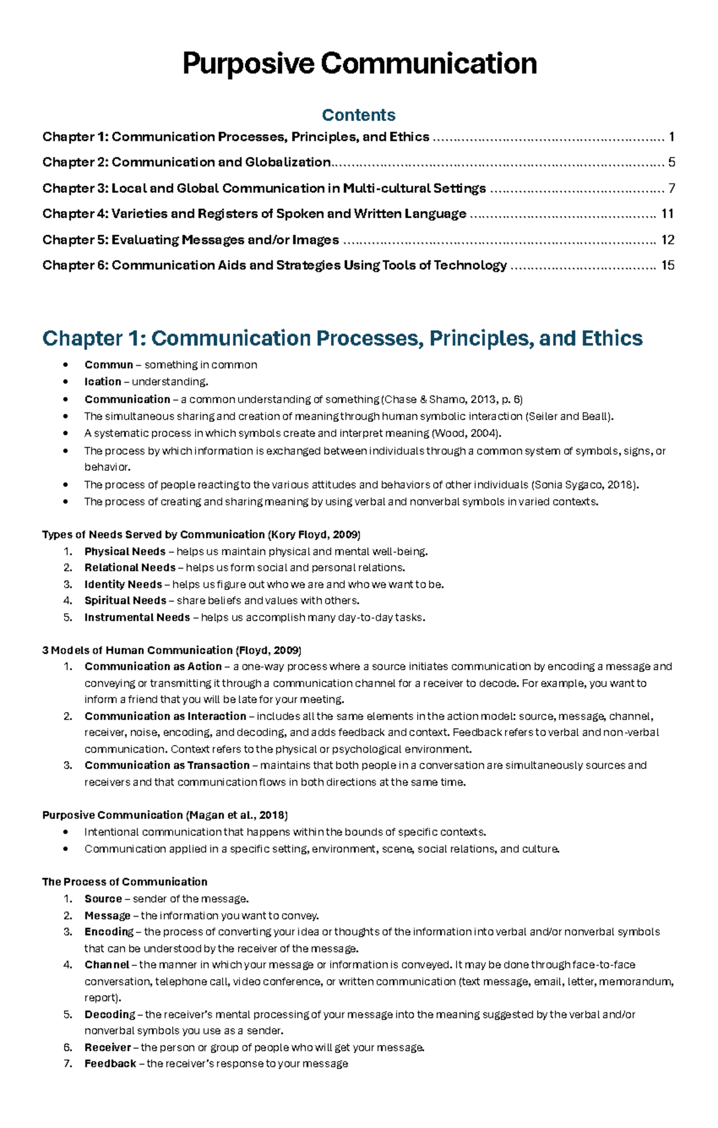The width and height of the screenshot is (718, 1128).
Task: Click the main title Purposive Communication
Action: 359,64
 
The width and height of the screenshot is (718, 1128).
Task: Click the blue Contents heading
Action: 358,115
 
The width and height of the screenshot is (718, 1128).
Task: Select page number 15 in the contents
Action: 667,265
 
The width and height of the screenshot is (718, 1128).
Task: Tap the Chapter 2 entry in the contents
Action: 186,162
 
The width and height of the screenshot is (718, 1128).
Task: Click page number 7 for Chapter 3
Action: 671,188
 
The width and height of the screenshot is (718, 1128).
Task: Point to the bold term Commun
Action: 108,365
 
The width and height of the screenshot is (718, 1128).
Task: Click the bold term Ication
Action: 102,382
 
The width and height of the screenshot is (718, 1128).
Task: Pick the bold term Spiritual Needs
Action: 125,601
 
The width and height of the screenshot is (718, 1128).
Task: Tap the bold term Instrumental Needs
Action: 137,618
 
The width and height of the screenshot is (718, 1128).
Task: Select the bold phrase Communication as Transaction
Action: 167,765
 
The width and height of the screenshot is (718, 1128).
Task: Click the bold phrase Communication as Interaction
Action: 165,716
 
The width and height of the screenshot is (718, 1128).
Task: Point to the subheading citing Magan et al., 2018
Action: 165,815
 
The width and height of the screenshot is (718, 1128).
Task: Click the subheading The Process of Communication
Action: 124,882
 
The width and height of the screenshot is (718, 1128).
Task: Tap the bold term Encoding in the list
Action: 109,932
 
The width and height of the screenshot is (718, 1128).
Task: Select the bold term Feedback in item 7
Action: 110,1063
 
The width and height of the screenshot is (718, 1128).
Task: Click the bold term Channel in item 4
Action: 107,965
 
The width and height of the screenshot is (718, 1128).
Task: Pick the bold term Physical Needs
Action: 124,552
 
